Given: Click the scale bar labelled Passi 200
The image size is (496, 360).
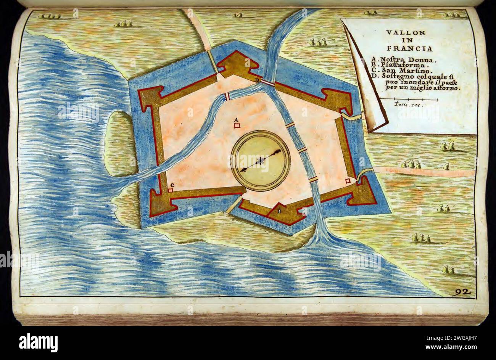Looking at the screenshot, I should [x=415, y=100].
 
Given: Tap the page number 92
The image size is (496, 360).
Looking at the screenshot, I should [x=463, y=292].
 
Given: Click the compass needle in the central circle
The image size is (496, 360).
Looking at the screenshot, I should [x=261, y=161].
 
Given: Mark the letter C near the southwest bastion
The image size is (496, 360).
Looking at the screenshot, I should [x=172, y=185].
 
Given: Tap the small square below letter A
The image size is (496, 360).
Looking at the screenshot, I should [x=237, y=125].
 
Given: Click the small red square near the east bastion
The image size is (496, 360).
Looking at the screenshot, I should [x=348, y=181].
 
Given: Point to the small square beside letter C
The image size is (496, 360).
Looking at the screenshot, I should [x=170, y=190].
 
